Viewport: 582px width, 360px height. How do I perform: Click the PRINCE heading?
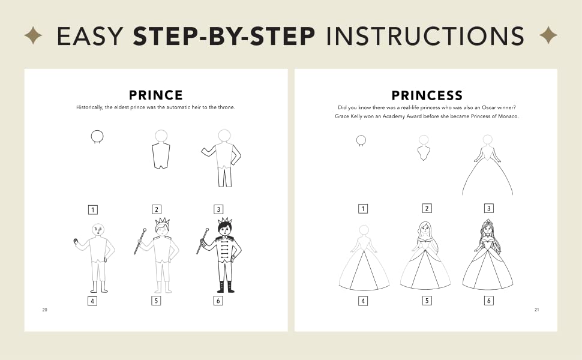point(156,95)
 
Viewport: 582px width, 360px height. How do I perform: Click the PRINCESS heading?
point(427,95)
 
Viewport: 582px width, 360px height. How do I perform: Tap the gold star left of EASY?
point(33,35)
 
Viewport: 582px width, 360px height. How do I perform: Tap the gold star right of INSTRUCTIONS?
point(548,35)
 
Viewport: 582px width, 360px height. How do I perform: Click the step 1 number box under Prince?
point(93,209)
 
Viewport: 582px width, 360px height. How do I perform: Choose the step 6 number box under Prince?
point(218,301)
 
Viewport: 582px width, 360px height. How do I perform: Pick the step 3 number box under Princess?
point(489,208)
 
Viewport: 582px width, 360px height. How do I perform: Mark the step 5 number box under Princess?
point(427,301)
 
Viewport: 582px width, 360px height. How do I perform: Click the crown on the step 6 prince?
point(225,220)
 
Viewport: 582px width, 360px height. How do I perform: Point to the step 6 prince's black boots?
point(226,287)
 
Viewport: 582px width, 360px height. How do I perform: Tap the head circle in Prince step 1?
point(97,136)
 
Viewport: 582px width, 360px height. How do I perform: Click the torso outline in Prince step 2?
point(161,155)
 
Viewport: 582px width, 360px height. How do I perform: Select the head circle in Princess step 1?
point(361,140)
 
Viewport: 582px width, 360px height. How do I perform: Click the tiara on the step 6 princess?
point(487,223)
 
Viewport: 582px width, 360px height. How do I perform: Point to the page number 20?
point(44,310)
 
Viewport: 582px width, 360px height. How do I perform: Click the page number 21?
point(537,310)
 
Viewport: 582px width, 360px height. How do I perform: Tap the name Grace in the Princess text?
point(342,116)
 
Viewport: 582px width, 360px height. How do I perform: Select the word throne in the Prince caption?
point(226,107)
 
